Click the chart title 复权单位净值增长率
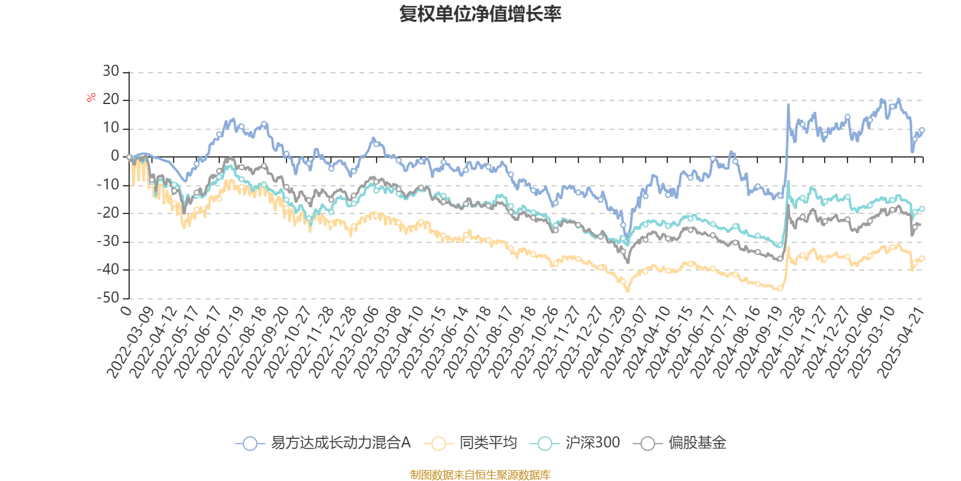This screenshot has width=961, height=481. point(480,14)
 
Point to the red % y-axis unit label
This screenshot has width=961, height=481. point(91,97)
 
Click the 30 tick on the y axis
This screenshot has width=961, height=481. point(111,72)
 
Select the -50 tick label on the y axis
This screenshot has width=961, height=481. point(108,298)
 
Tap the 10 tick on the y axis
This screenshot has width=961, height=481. point(111,128)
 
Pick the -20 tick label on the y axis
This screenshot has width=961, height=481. point(108,213)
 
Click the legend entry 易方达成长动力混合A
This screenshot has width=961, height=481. point(324,443)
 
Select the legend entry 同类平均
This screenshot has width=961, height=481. point(471,443)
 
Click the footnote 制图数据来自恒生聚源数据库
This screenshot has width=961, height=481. point(480,475)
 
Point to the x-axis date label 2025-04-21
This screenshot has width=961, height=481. point(900,342)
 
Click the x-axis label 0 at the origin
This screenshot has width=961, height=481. point(126,310)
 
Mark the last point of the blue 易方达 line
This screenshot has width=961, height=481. point(922,130)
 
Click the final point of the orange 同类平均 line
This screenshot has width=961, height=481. point(922,258)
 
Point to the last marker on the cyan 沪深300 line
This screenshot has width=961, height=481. point(922,209)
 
